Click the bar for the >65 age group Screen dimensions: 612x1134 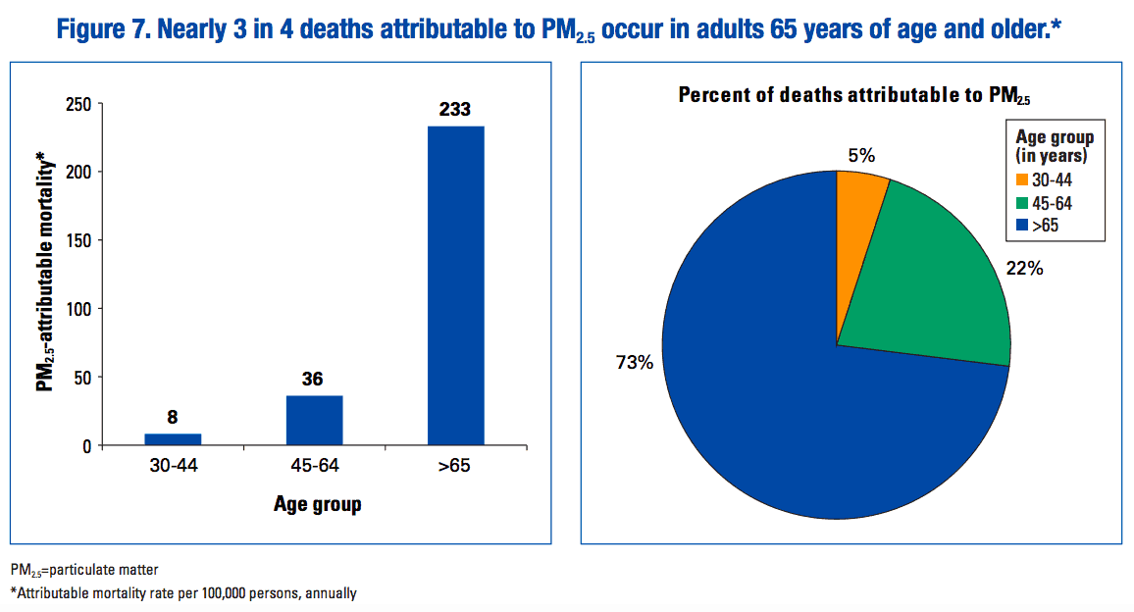pyautogui.click(x=455, y=285)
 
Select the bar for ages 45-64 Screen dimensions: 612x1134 pyautogui.click(x=314, y=421)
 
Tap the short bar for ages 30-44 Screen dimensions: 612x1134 pyautogui.click(x=173, y=439)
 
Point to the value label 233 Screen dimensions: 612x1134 pyautogui.click(x=455, y=110)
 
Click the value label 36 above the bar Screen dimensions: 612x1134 pyautogui.click(x=314, y=379)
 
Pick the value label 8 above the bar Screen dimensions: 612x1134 pyautogui.click(x=173, y=417)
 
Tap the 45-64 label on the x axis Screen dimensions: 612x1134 pyautogui.click(x=314, y=467)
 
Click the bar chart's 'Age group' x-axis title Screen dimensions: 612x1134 pyautogui.click(x=316, y=505)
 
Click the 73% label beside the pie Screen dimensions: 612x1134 pyautogui.click(x=635, y=363)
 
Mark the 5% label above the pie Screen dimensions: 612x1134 pyautogui.click(x=861, y=154)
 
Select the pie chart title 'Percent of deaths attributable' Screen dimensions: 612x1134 pyautogui.click(x=843, y=95)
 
